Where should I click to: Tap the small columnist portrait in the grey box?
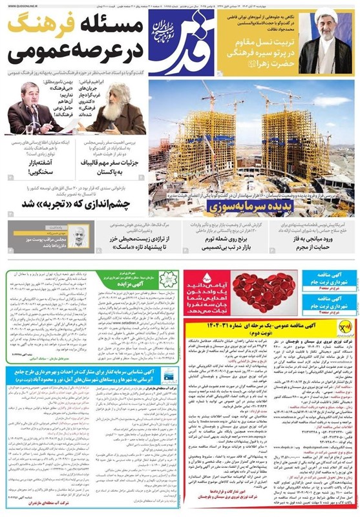pos(78,233)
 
